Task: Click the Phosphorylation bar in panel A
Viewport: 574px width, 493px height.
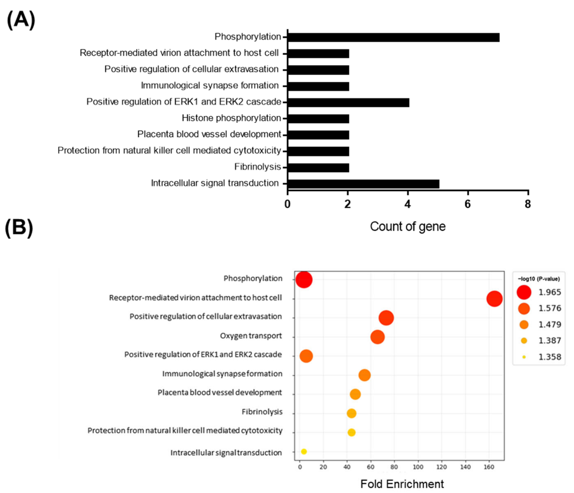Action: [393, 38]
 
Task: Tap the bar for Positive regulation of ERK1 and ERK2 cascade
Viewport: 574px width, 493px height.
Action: [348, 102]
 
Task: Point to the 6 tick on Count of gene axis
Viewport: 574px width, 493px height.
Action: [468, 204]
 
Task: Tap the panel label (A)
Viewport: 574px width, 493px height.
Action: [21, 20]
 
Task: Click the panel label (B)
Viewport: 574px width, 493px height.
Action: [19, 228]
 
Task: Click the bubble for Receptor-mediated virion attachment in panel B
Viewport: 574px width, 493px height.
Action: [494, 299]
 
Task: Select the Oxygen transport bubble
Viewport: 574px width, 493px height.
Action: [377, 337]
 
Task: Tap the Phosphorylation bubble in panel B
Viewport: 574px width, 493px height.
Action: [304, 280]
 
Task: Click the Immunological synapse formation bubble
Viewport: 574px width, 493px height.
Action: [364, 375]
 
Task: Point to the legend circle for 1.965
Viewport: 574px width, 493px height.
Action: [524, 292]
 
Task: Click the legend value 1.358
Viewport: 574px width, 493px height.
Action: [550, 357]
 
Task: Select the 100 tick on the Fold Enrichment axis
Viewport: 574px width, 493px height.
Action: [418, 467]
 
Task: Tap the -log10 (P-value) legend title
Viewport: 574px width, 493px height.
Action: [538, 279]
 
